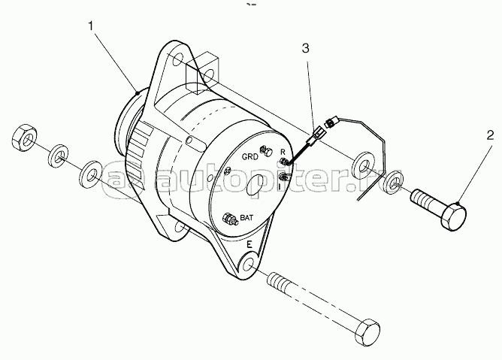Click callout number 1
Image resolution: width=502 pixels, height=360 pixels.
pyautogui.click(x=91, y=26)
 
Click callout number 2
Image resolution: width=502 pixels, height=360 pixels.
pyautogui.click(x=490, y=135)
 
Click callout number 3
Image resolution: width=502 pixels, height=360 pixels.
pyautogui.click(x=305, y=48)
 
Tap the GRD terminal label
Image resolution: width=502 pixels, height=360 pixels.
pyautogui.click(x=249, y=157)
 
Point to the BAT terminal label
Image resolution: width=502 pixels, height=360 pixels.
pyautogui.click(x=246, y=218)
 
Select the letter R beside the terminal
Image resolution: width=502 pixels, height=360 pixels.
pyautogui.click(x=283, y=152)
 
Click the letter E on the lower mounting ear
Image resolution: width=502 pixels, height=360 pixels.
pyautogui.click(x=249, y=245)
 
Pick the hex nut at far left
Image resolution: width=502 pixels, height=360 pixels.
pyautogui.click(x=24, y=138)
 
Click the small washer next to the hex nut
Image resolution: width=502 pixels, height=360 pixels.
pyautogui.click(x=58, y=156)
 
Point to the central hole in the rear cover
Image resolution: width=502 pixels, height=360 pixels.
pyautogui.click(x=257, y=186)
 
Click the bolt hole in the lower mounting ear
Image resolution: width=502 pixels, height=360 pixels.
pyautogui.click(x=249, y=265)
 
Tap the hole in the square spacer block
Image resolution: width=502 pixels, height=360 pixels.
pyautogui.click(x=209, y=75)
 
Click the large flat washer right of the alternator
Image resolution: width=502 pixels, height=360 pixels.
pyautogui.click(x=364, y=167)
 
